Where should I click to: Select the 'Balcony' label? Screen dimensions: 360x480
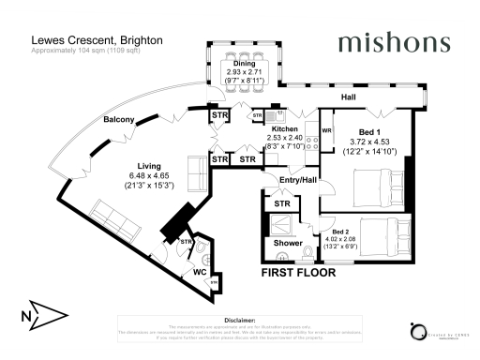pos(119,120)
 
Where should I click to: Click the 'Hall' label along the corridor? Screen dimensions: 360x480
pos(347,97)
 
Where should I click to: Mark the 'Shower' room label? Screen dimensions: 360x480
pos(288,242)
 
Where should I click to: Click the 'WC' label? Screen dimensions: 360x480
pos(200,273)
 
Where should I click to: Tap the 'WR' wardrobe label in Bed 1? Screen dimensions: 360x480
pos(327,130)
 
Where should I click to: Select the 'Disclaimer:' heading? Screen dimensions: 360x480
pos(240,319)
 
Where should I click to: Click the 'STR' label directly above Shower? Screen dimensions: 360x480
pos(280,203)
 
